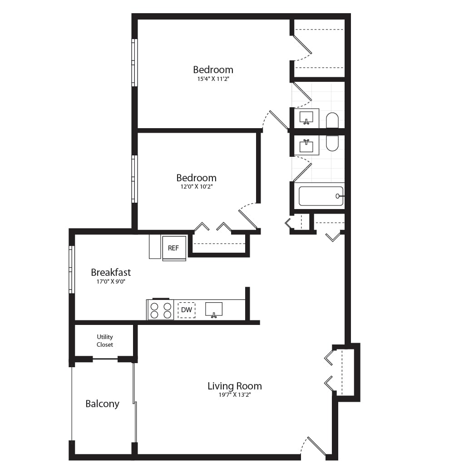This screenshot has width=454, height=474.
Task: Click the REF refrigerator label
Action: (173, 248)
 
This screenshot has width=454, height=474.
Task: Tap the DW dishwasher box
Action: (186, 310)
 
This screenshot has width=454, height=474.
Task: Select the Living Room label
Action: (234, 386)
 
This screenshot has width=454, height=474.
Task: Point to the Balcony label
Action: (102, 404)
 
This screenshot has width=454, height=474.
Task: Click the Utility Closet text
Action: (105, 341)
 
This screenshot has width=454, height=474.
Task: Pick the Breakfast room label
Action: (111, 272)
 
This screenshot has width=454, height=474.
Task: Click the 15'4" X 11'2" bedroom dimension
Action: (213, 79)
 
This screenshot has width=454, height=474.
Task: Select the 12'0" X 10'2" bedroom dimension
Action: (196, 187)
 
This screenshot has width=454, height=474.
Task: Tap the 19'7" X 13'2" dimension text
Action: (234, 395)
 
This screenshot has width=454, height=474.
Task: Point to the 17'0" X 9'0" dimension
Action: (111, 281)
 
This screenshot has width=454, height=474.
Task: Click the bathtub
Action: (321, 196)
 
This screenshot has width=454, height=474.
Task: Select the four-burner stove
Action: (161, 310)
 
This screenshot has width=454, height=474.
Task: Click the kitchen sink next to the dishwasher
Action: (214, 309)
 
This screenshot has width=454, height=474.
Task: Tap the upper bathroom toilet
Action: (332, 120)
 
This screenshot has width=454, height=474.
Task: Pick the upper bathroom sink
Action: (306, 118)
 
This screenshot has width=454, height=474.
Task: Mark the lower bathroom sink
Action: (306, 146)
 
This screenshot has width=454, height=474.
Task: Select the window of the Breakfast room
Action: (71, 269)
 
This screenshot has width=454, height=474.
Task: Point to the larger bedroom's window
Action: (134, 63)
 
